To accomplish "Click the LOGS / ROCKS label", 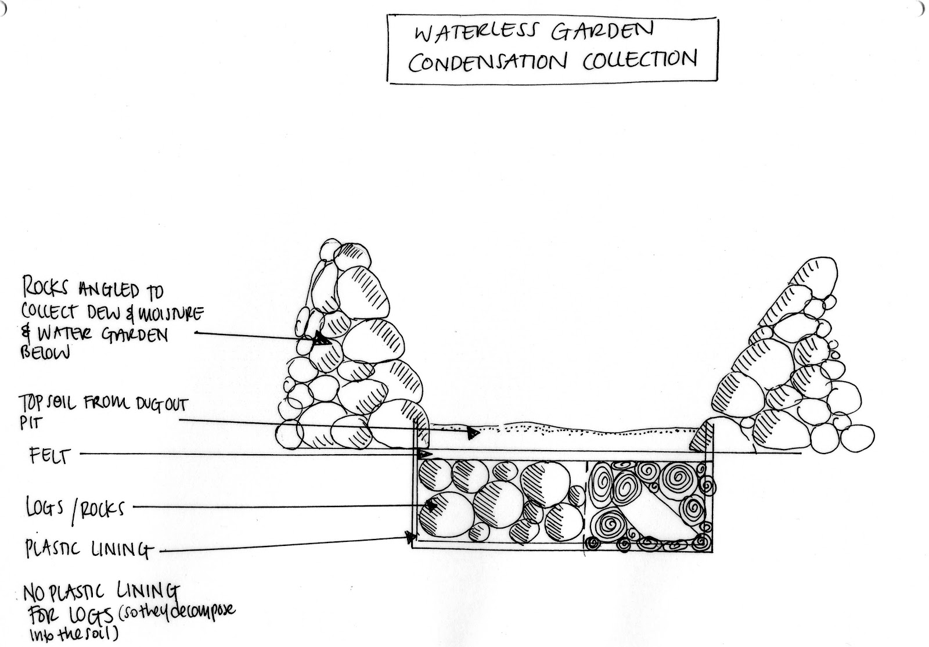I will point(75,509).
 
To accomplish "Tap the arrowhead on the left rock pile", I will point(320,339).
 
